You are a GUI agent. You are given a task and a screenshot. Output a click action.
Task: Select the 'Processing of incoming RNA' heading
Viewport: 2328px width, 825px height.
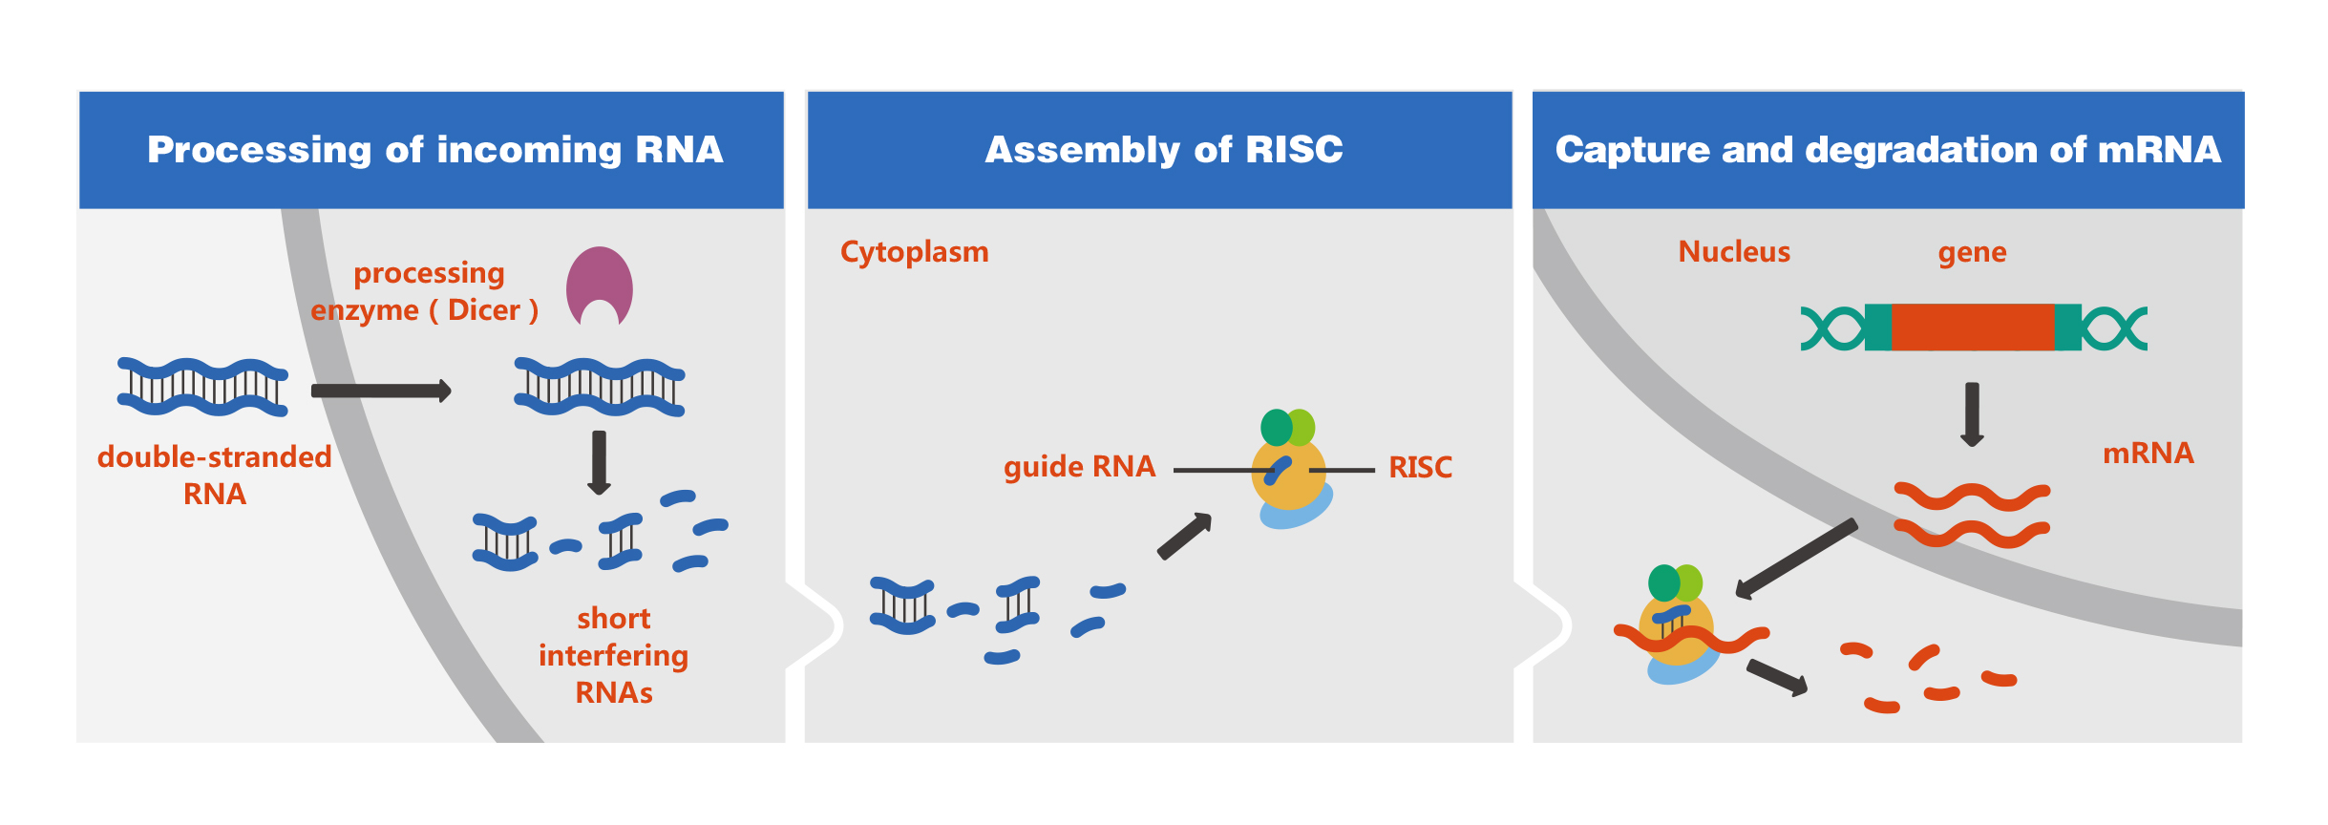pos(434,150)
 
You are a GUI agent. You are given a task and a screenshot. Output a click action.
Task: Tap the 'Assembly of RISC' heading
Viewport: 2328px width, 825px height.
pos(1163,150)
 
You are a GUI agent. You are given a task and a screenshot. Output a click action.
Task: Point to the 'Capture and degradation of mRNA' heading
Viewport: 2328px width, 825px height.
pos(1888,150)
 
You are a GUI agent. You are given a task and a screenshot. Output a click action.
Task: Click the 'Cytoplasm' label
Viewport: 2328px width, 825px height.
pos(914,252)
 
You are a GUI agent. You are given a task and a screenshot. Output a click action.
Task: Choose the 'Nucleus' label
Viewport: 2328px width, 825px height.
pos(1734,252)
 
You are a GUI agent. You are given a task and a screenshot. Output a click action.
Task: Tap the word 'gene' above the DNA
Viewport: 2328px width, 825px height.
pos(1972,252)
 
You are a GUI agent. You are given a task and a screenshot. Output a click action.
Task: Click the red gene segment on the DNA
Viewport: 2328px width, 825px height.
pos(1972,328)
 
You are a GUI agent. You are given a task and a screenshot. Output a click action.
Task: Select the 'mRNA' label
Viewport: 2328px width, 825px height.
pos(2148,453)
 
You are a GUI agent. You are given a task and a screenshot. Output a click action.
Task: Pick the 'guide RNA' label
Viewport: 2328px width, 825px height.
pos(1079,467)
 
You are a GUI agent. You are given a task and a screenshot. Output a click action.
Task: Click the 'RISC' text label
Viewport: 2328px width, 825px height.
pos(1420,468)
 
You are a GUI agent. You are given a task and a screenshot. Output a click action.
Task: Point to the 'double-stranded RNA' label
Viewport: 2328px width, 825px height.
pos(215,476)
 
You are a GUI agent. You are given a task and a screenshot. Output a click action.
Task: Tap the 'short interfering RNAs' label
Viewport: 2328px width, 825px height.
pos(613,655)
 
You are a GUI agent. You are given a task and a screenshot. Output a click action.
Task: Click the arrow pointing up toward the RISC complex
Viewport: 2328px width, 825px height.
pos(1184,537)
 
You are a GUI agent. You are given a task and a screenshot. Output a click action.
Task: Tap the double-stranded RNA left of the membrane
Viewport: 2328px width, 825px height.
pos(202,387)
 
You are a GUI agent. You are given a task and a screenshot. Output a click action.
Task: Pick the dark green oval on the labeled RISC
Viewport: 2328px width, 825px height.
pos(1276,428)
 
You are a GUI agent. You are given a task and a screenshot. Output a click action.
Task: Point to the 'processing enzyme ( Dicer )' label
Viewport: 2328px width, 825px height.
pos(426,292)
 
